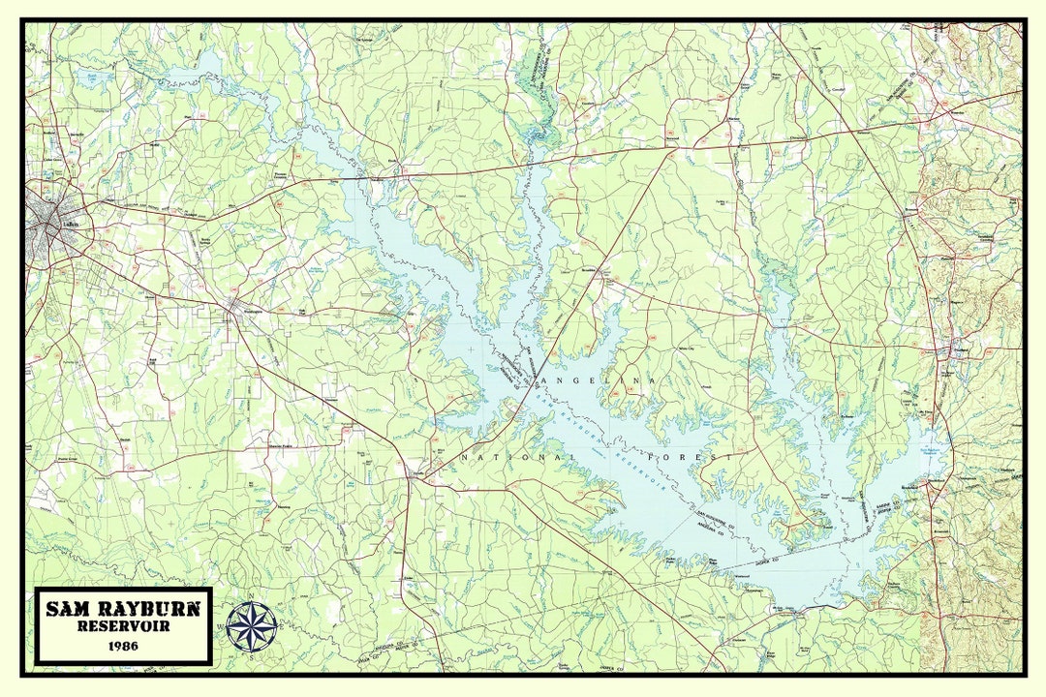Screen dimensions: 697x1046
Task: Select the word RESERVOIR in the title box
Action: [122, 626]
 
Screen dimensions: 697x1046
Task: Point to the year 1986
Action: [122, 645]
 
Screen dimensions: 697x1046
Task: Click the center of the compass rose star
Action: [252, 626]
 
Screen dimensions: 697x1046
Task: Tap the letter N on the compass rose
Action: [252, 597]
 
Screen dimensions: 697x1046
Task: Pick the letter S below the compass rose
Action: [252, 656]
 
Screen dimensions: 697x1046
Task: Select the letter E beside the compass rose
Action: [282, 627]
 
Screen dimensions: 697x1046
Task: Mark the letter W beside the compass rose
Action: [222, 627]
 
